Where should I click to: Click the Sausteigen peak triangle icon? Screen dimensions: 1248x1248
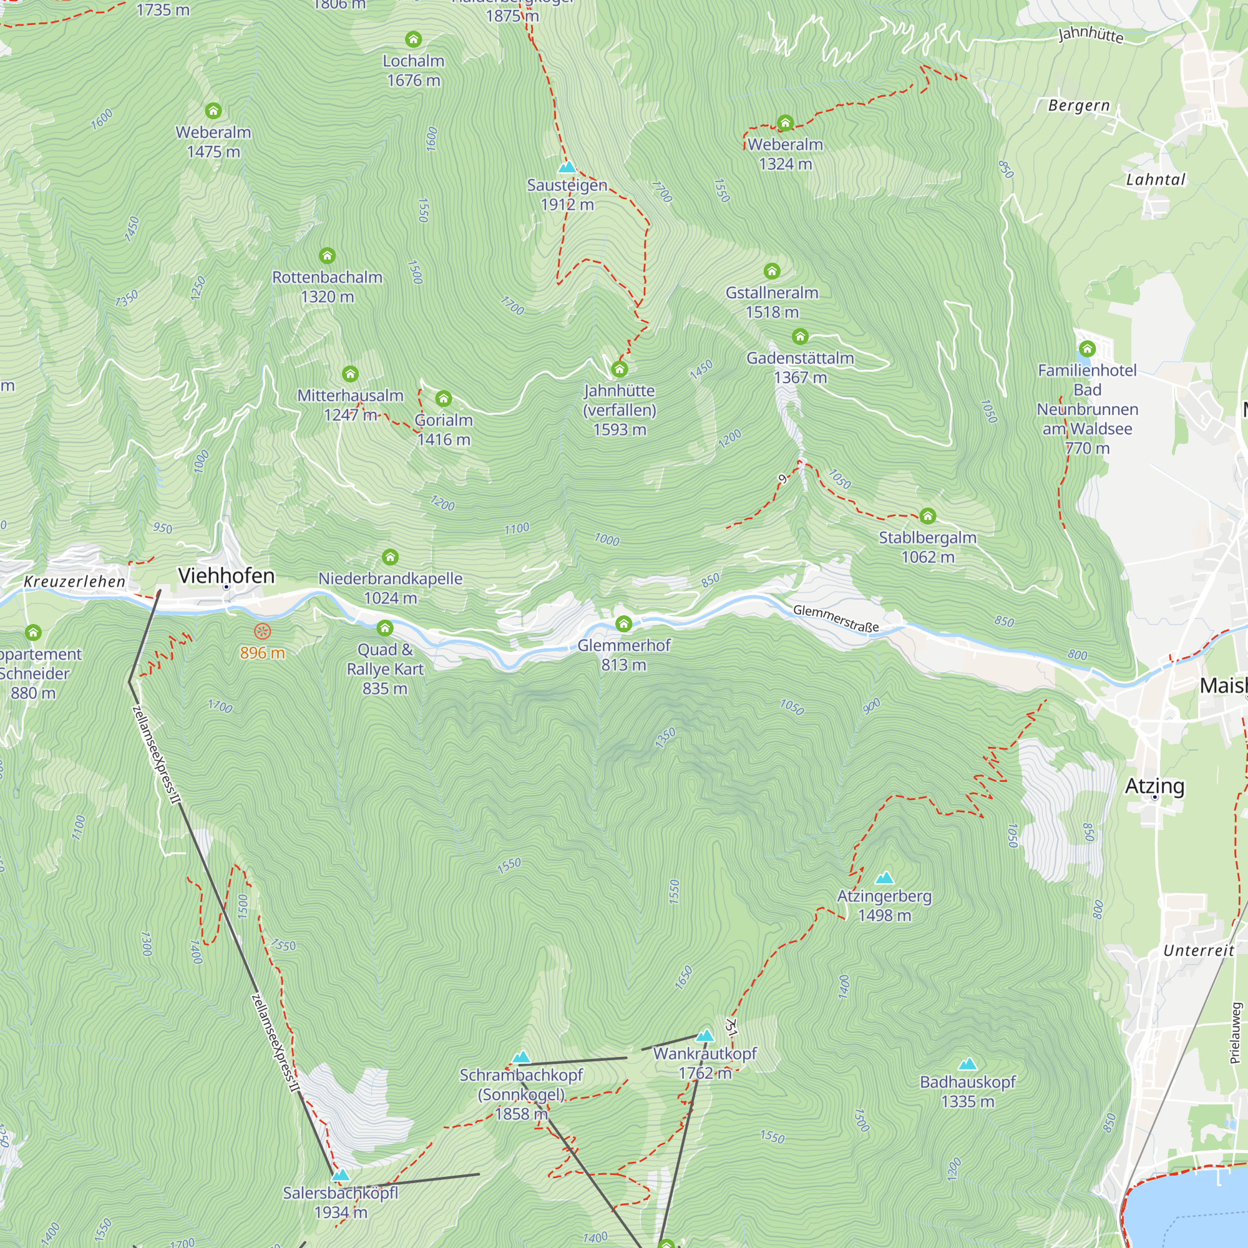567,167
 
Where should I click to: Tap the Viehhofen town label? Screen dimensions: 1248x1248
226,575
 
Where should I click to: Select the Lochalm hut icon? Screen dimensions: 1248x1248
414,39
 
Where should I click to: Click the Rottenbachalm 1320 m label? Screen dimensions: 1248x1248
327,287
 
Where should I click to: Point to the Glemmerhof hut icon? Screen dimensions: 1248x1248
623,623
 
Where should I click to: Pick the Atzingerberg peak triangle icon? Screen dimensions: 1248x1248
884,877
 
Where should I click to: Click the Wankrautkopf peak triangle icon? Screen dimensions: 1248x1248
705,1035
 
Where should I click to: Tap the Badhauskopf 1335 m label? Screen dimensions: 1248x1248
967,1091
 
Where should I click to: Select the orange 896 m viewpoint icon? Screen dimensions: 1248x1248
263,631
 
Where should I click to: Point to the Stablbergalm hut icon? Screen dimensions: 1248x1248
928,515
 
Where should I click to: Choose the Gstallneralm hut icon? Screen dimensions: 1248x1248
772,271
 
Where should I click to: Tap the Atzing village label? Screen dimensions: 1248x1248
1154,786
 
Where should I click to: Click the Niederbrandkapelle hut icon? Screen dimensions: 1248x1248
390,557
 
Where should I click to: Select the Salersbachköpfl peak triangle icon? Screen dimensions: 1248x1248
341,1174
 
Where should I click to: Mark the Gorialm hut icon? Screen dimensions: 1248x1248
443,398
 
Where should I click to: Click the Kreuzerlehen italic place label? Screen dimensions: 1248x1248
75,582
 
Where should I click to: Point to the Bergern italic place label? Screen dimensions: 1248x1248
1079,105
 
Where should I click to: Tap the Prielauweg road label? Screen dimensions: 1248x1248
1236,1033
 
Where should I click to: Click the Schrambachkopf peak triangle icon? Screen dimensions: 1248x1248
521,1057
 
